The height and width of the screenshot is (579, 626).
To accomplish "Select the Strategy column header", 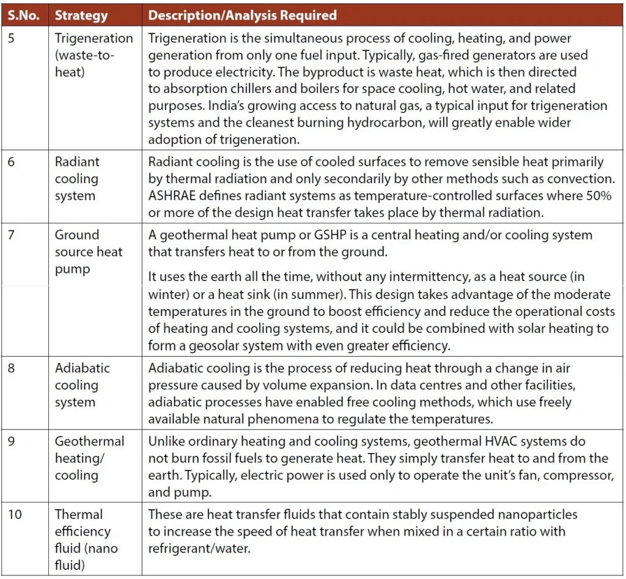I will click(81, 15).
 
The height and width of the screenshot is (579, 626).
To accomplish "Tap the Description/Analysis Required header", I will click(242, 15).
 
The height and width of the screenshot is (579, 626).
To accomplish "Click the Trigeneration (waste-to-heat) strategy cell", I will click(93, 55).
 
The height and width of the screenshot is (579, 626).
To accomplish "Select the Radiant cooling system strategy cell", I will click(77, 179).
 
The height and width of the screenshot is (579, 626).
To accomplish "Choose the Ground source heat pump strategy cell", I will click(88, 252).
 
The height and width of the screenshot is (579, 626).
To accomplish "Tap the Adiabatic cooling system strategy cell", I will click(82, 385).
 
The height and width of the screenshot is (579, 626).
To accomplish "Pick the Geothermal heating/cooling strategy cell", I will click(89, 458).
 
